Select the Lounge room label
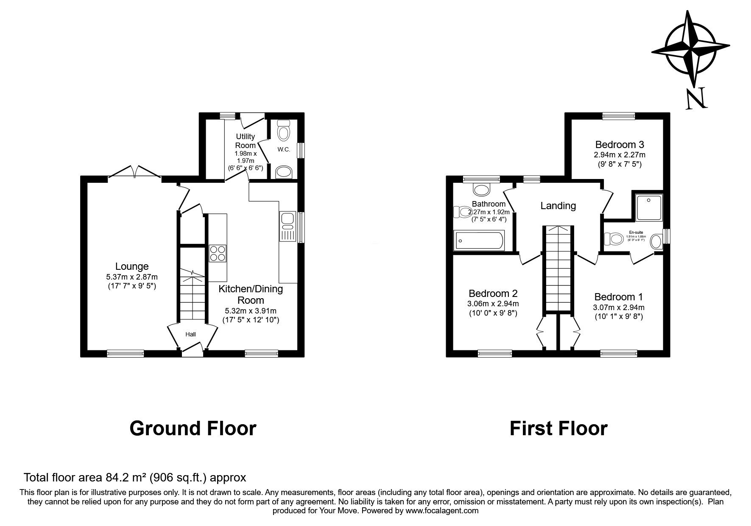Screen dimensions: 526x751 [132, 266]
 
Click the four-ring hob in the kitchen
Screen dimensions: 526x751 [218, 254]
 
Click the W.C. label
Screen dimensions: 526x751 [284, 149]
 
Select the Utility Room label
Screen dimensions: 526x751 [245, 141]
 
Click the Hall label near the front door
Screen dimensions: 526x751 [190, 335]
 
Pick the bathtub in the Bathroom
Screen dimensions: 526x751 [478, 241]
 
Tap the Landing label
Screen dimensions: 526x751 [558, 206]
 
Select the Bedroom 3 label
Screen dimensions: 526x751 [619, 144]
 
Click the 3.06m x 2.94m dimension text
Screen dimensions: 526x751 [493, 304]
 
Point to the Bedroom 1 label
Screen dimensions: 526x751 [618, 297]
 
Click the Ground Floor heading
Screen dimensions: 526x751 [193, 428]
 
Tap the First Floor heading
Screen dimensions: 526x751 [558, 428]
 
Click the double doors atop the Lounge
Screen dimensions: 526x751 [134, 172]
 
